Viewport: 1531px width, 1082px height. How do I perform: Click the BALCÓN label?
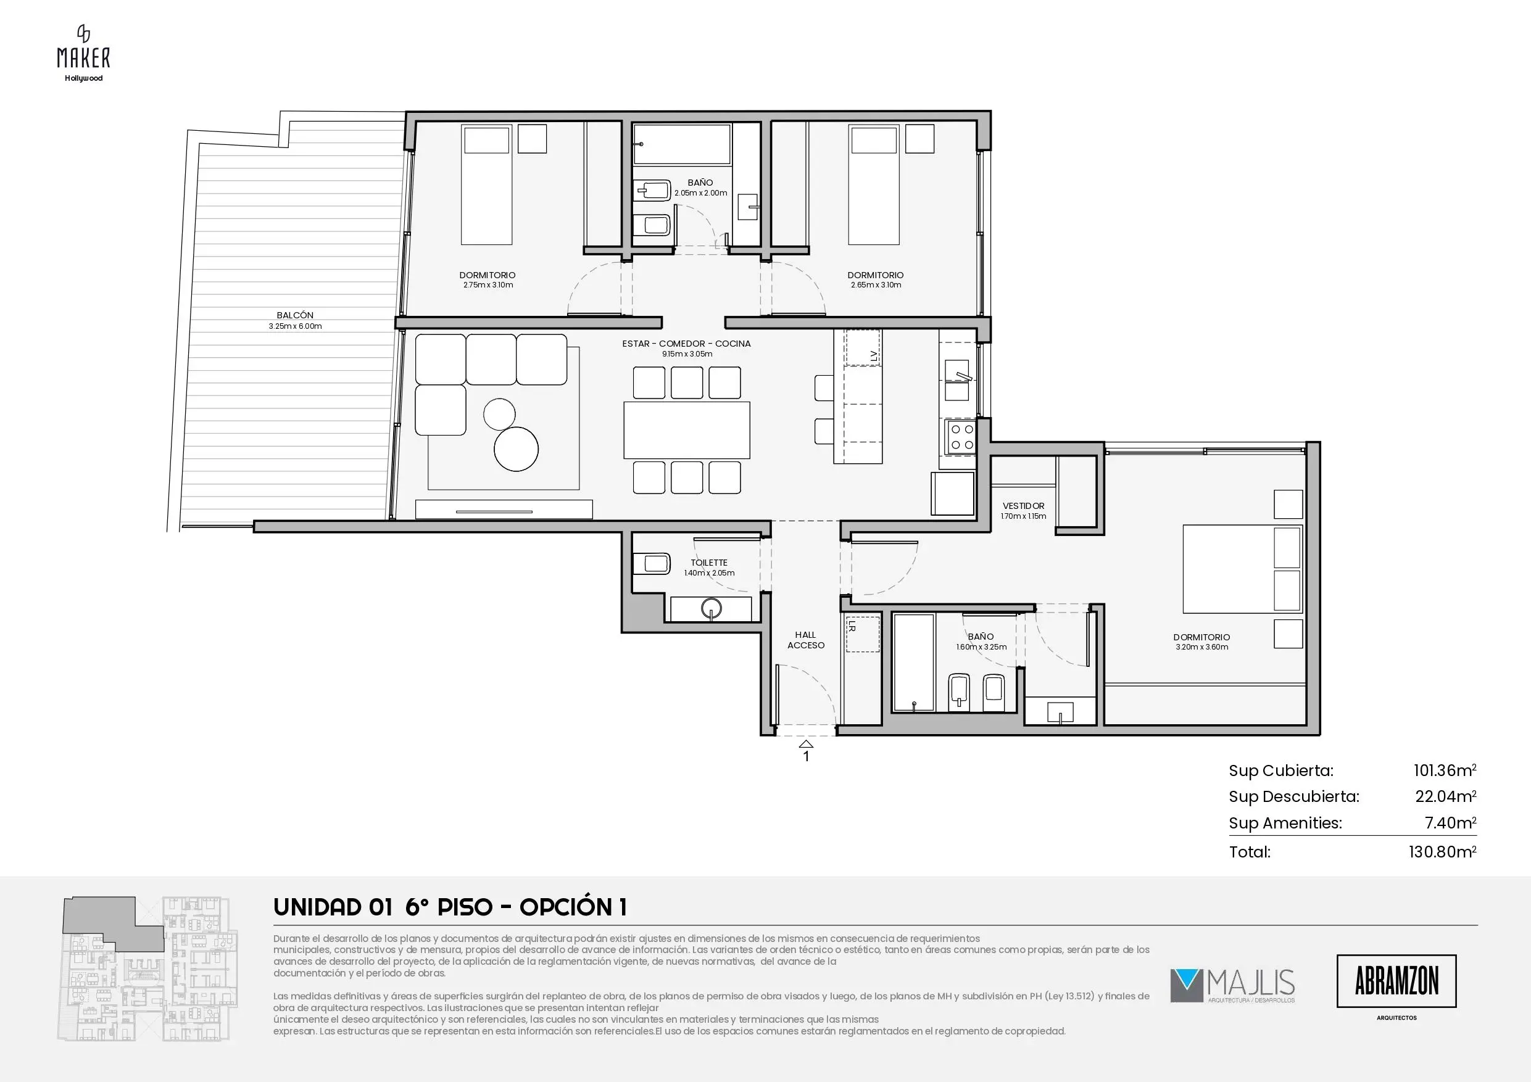295,315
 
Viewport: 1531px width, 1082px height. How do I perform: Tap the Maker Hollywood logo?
83,53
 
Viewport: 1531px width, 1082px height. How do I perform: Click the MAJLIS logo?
1232,985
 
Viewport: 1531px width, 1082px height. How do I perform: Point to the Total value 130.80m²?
1442,851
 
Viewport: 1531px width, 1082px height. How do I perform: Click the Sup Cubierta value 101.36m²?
1445,770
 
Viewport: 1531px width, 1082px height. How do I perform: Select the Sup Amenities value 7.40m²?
1450,823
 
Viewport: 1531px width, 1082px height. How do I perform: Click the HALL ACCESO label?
805,640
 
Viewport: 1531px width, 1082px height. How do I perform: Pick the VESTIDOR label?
1024,506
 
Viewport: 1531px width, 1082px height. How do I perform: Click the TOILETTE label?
709,563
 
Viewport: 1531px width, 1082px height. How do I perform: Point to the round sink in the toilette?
712,609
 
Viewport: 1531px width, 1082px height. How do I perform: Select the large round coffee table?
516,448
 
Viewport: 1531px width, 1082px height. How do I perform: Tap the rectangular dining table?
687,430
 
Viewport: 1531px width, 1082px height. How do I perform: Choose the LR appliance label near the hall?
852,627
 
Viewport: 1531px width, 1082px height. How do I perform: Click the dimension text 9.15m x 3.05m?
687,354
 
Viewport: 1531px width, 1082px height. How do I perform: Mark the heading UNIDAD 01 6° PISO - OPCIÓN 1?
450,907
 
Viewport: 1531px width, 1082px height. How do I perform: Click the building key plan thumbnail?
147,968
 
